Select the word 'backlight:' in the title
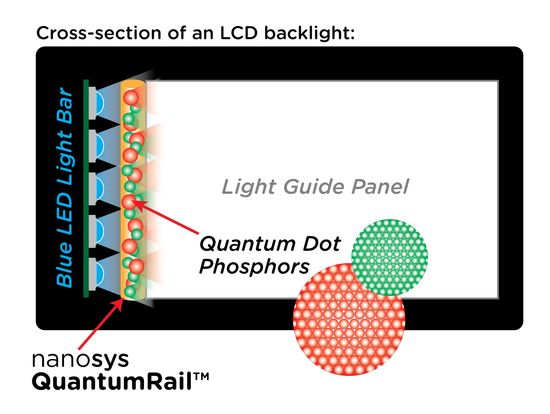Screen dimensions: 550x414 (310, 33)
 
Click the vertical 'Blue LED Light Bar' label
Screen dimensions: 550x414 (65, 188)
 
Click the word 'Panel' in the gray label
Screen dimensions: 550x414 (380, 187)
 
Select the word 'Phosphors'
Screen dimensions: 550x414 (254, 267)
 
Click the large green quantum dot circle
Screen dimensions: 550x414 (389, 258)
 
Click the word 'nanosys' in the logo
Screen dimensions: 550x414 (80, 360)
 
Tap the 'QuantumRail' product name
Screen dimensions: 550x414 (112, 382)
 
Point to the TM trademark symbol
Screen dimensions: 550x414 (201, 377)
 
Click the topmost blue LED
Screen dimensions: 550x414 (97, 102)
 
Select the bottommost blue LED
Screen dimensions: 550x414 (97, 274)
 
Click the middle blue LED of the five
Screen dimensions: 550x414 (97, 188)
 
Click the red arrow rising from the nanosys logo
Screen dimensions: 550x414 (101, 324)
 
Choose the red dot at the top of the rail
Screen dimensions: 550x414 (131, 97)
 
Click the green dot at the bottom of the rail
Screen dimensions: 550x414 (130, 291)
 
